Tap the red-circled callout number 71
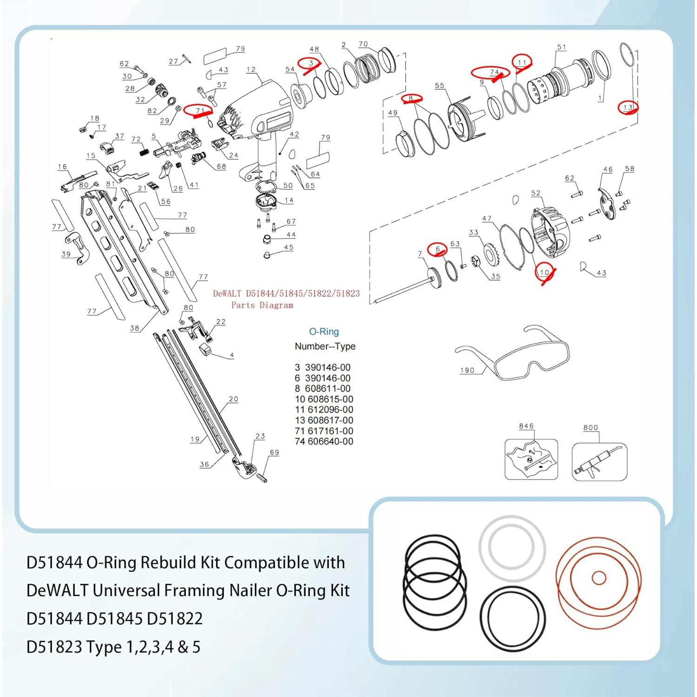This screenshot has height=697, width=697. click(200, 111)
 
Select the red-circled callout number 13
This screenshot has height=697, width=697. click(628, 107)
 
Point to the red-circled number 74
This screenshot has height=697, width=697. click(493, 72)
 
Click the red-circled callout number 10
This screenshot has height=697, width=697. click(544, 272)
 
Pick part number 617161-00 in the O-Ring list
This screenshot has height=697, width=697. click(330, 431)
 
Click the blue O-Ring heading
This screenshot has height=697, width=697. click(324, 331)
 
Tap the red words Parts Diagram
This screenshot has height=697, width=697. click(262, 305)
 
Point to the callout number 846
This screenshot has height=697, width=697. click(526, 426)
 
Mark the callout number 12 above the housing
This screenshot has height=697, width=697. click(251, 69)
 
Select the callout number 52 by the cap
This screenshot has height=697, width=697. click(536, 193)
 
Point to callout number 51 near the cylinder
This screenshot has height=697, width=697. click(561, 47)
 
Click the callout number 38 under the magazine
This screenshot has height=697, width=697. click(134, 328)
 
